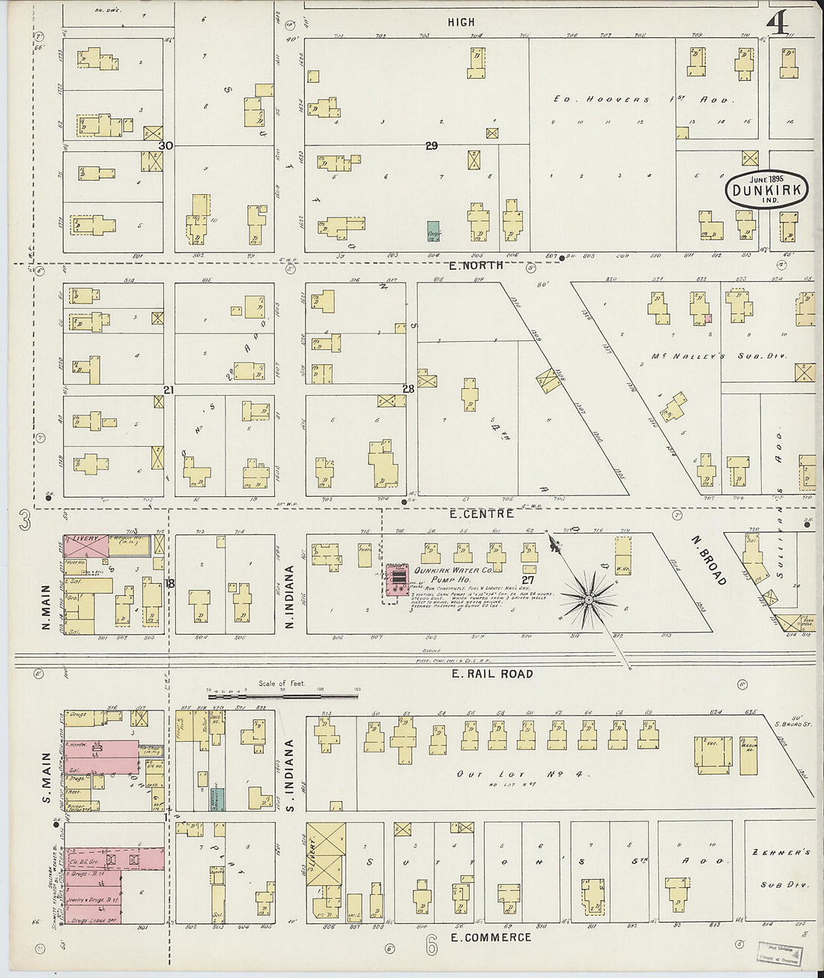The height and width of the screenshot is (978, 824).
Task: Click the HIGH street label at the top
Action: pos(461,22)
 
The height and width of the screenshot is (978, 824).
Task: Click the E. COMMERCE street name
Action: pos(491,937)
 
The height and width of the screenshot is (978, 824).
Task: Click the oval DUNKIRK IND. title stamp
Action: pos(768,190)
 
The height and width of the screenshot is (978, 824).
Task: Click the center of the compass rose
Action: pos(589,600)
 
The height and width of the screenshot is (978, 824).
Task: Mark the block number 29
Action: pos(431,145)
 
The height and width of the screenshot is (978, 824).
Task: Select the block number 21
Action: pos(169,390)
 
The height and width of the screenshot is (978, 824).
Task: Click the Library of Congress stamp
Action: pos(779,953)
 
